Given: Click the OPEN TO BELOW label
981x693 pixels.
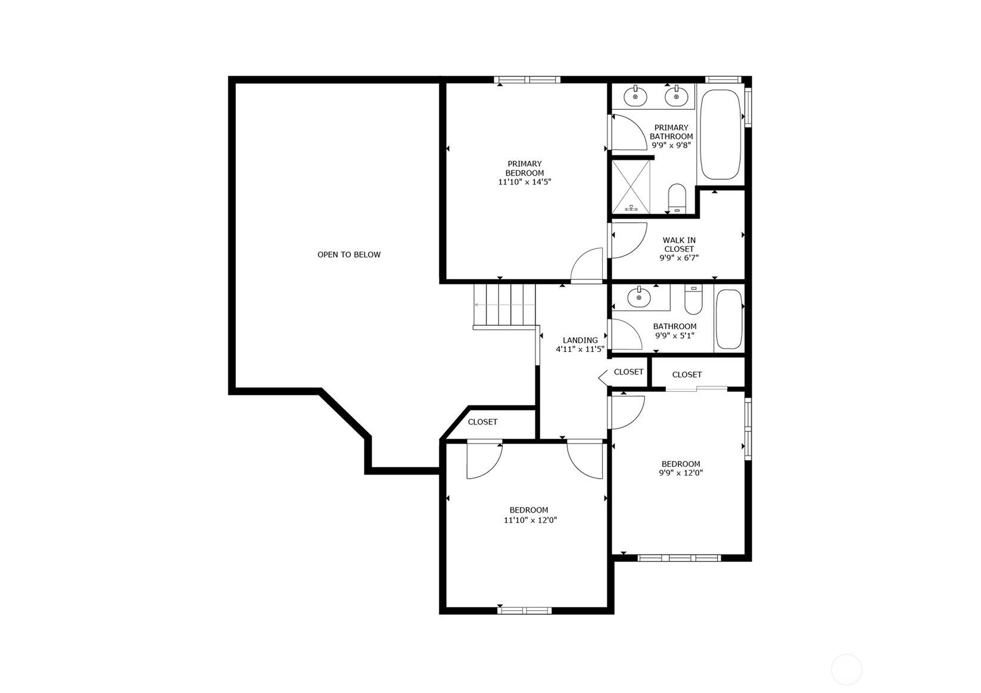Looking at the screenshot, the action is coord(349,255).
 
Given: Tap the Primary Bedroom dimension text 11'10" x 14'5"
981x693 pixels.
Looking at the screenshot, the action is coord(525,182).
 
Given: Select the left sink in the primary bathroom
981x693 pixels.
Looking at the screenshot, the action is coord(636,96).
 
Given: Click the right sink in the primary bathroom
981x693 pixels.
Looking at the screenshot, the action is coord(677,96).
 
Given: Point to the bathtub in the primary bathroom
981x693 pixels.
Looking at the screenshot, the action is coord(721,135).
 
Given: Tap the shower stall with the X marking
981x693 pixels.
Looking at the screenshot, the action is coord(631,187).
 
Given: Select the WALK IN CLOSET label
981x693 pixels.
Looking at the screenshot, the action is coord(679,245).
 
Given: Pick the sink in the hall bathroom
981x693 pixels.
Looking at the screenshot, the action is coord(639,297).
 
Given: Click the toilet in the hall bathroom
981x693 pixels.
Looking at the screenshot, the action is coord(693,299).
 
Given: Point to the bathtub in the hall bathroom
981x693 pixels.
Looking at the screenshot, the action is coord(729,319).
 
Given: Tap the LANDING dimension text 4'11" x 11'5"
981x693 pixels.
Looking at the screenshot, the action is coord(580,349).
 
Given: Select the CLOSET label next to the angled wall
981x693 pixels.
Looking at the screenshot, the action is coord(482,422).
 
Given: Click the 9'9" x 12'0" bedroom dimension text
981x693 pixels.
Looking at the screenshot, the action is coord(681,473).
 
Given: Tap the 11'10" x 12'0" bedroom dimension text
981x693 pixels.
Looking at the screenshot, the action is coord(530,520).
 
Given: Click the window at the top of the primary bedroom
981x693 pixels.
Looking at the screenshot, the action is coord(527,80).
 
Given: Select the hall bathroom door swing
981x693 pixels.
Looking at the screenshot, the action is coord(627,334).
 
